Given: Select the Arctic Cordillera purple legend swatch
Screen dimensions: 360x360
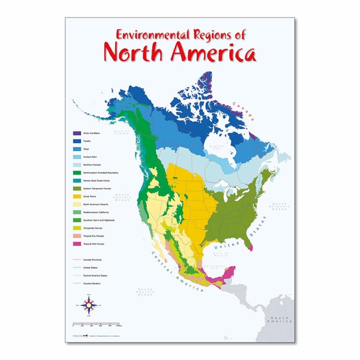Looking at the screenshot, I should [x=77, y=133].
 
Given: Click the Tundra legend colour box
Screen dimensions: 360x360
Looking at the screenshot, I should [x=77, y=141].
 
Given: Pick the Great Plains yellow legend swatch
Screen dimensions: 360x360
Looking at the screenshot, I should [x=77, y=197].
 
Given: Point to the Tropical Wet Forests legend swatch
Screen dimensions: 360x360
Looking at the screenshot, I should [x=77, y=244].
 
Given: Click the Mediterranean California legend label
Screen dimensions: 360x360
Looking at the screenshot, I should [x=96, y=212].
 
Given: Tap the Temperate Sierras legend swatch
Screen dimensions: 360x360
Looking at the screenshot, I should [x=77, y=228].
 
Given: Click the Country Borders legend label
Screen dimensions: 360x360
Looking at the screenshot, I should [x=91, y=283].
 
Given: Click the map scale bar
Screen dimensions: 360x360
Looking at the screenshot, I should [x=96, y=323].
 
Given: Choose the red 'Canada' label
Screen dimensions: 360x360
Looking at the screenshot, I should [x=243, y=111].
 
